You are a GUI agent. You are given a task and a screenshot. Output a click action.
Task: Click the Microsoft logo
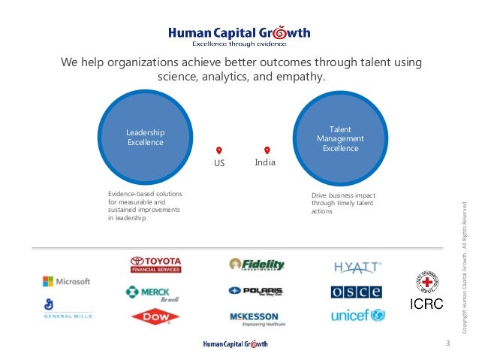point(66,281)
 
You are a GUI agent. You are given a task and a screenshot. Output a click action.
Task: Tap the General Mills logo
point(66,307)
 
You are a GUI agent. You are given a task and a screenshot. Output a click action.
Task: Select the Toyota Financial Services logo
point(155,265)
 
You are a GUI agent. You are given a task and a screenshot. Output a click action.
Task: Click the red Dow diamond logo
point(155,317)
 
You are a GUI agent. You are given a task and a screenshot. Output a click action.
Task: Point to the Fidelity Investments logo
point(257,265)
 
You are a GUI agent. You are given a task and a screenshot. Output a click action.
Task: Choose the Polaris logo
point(255,291)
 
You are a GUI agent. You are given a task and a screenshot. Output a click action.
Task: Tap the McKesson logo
point(258,318)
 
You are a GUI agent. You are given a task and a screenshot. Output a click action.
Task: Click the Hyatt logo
point(357,266)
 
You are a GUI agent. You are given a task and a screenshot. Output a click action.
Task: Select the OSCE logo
point(357,292)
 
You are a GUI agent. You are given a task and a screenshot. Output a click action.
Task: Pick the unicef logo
point(357,316)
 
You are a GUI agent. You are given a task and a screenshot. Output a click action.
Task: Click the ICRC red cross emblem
point(426,283)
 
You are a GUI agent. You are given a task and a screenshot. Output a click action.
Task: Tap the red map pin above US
point(218,150)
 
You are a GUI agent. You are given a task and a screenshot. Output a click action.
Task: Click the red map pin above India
point(267,150)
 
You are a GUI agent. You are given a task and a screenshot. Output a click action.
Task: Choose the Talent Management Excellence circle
point(340,138)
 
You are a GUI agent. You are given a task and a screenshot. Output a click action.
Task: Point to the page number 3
point(447,344)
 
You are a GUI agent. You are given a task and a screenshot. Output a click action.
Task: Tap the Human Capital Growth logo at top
point(239,35)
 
